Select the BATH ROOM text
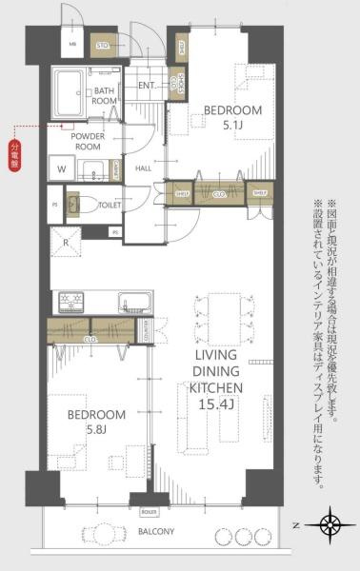[x=105, y=94]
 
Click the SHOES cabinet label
[x=175, y=85]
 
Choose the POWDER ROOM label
[x=90, y=141]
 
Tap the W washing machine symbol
[x=62, y=169]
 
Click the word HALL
[x=143, y=168]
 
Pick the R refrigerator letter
[x=65, y=242]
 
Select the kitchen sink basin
[x=134, y=304]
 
